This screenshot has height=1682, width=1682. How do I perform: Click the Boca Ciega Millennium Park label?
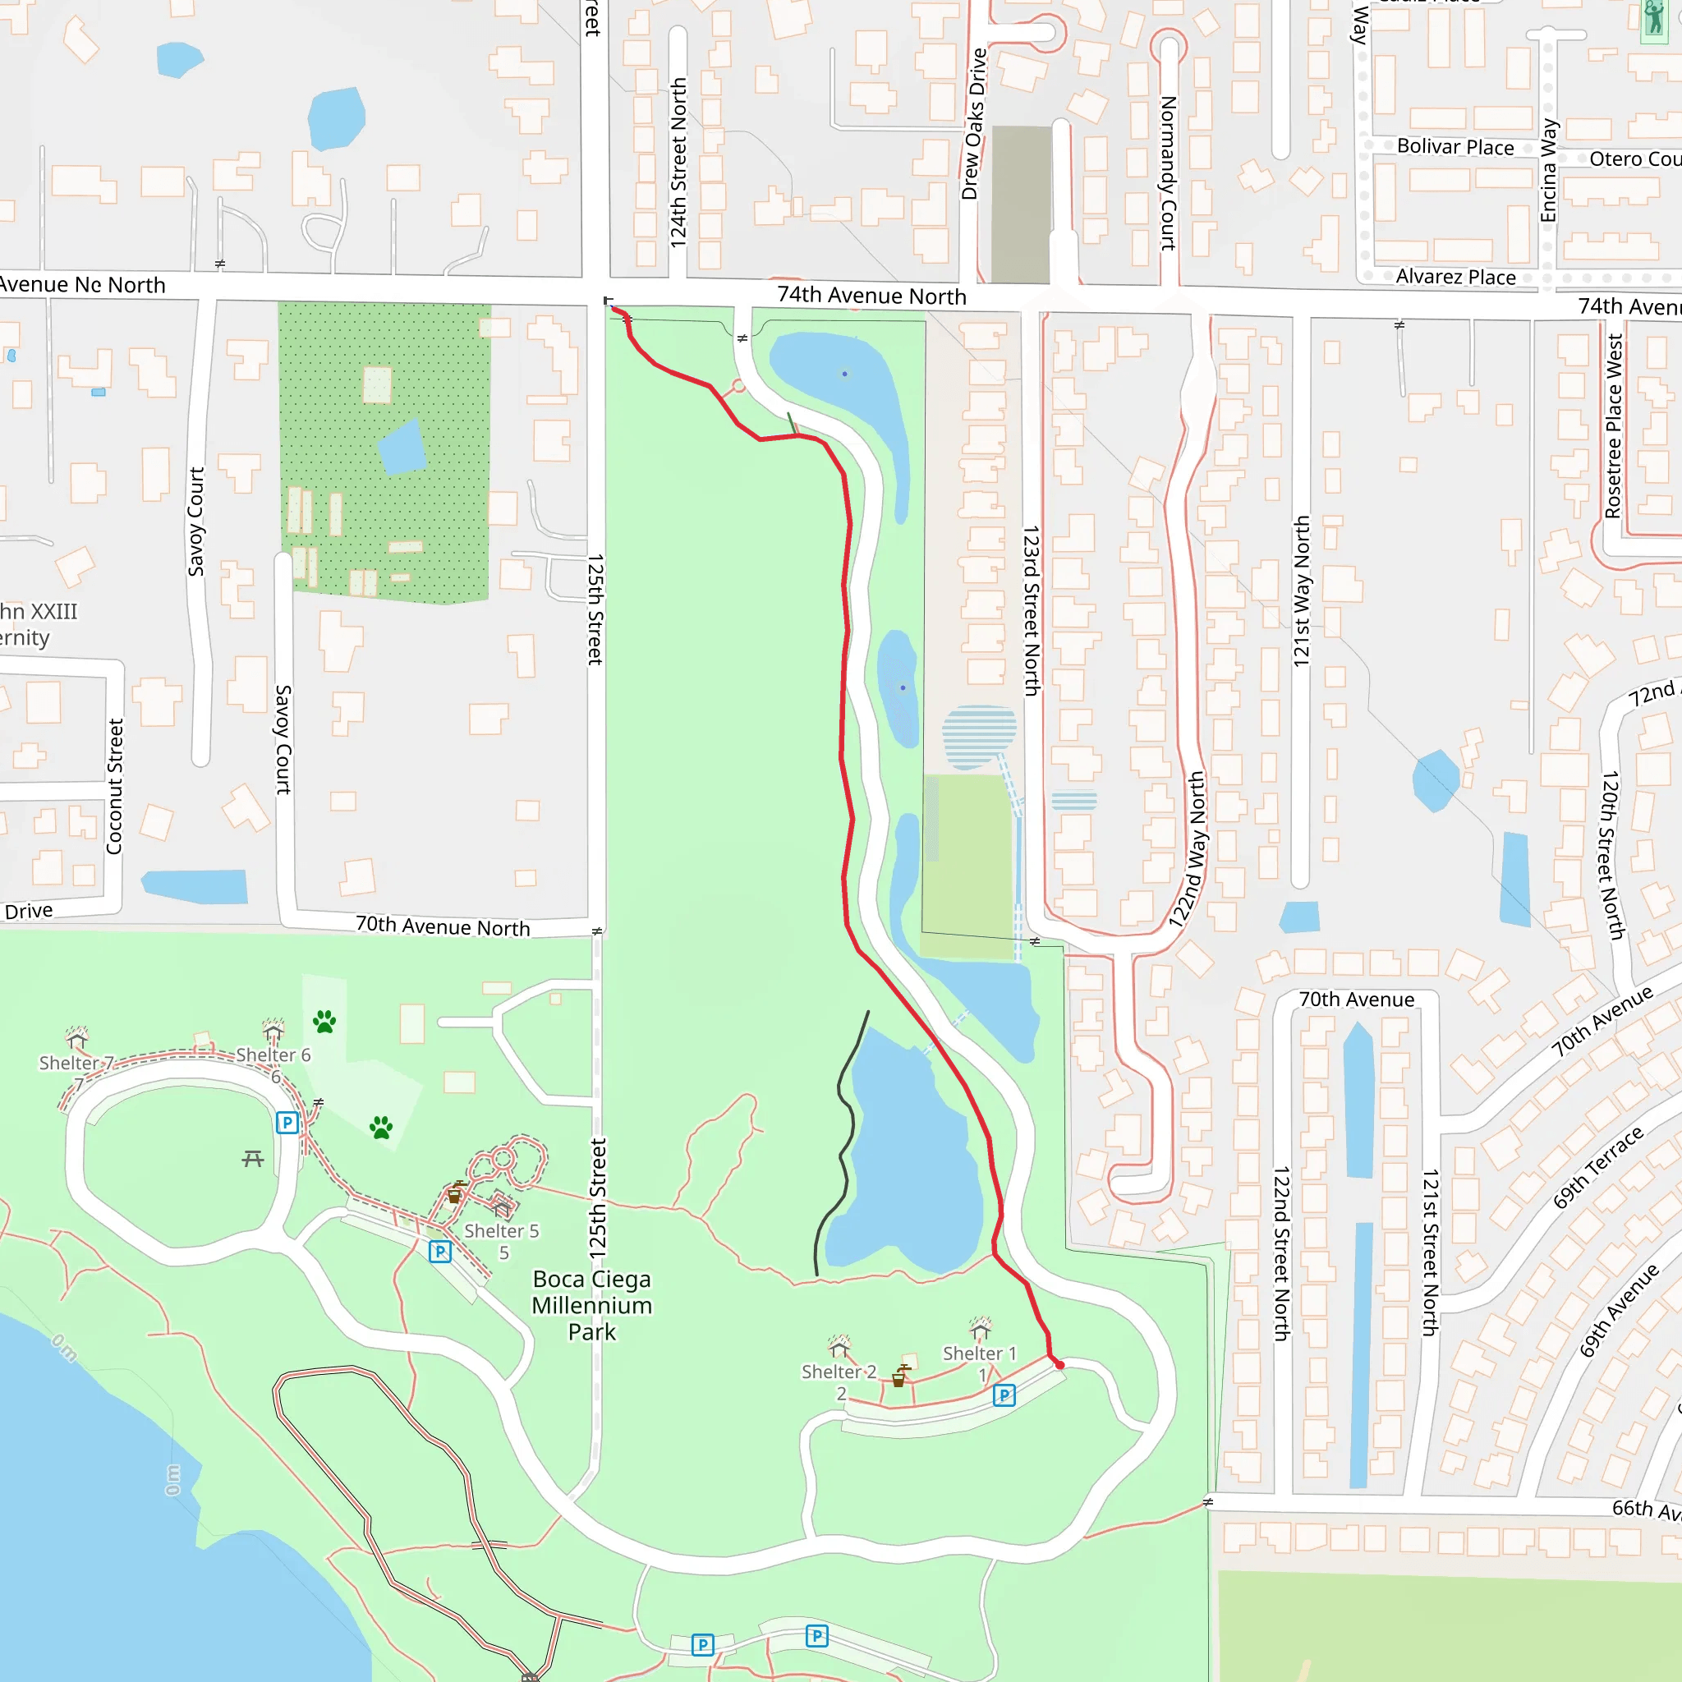(x=592, y=1305)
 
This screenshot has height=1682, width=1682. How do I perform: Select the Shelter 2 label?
(x=839, y=1372)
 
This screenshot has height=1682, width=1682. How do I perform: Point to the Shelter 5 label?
(x=502, y=1231)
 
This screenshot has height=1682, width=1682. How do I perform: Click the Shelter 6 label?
(x=273, y=1055)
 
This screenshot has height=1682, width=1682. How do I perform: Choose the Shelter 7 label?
(x=76, y=1063)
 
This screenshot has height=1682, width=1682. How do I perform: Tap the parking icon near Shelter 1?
(x=1004, y=1395)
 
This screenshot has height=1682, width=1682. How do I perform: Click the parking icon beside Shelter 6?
(x=287, y=1122)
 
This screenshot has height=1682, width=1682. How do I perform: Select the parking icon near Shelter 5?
(x=440, y=1252)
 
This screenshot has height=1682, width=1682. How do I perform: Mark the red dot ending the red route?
(x=1059, y=1365)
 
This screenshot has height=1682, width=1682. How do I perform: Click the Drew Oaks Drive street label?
(x=975, y=124)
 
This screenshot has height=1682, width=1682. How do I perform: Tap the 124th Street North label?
(x=678, y=163)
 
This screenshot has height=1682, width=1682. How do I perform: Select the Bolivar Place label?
(x=1455, y=146)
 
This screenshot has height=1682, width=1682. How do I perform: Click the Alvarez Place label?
(x=1455, y=277)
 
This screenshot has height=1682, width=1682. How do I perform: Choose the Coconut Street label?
(x=115, y=786)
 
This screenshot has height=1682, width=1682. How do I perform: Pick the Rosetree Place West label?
(x=1613, y=426)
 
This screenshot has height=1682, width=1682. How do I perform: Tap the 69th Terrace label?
(x=1598, y=1168)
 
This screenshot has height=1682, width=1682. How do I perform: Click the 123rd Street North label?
(x=1032, y=610)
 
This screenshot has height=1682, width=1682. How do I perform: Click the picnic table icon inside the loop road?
(x=253, y=1158)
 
